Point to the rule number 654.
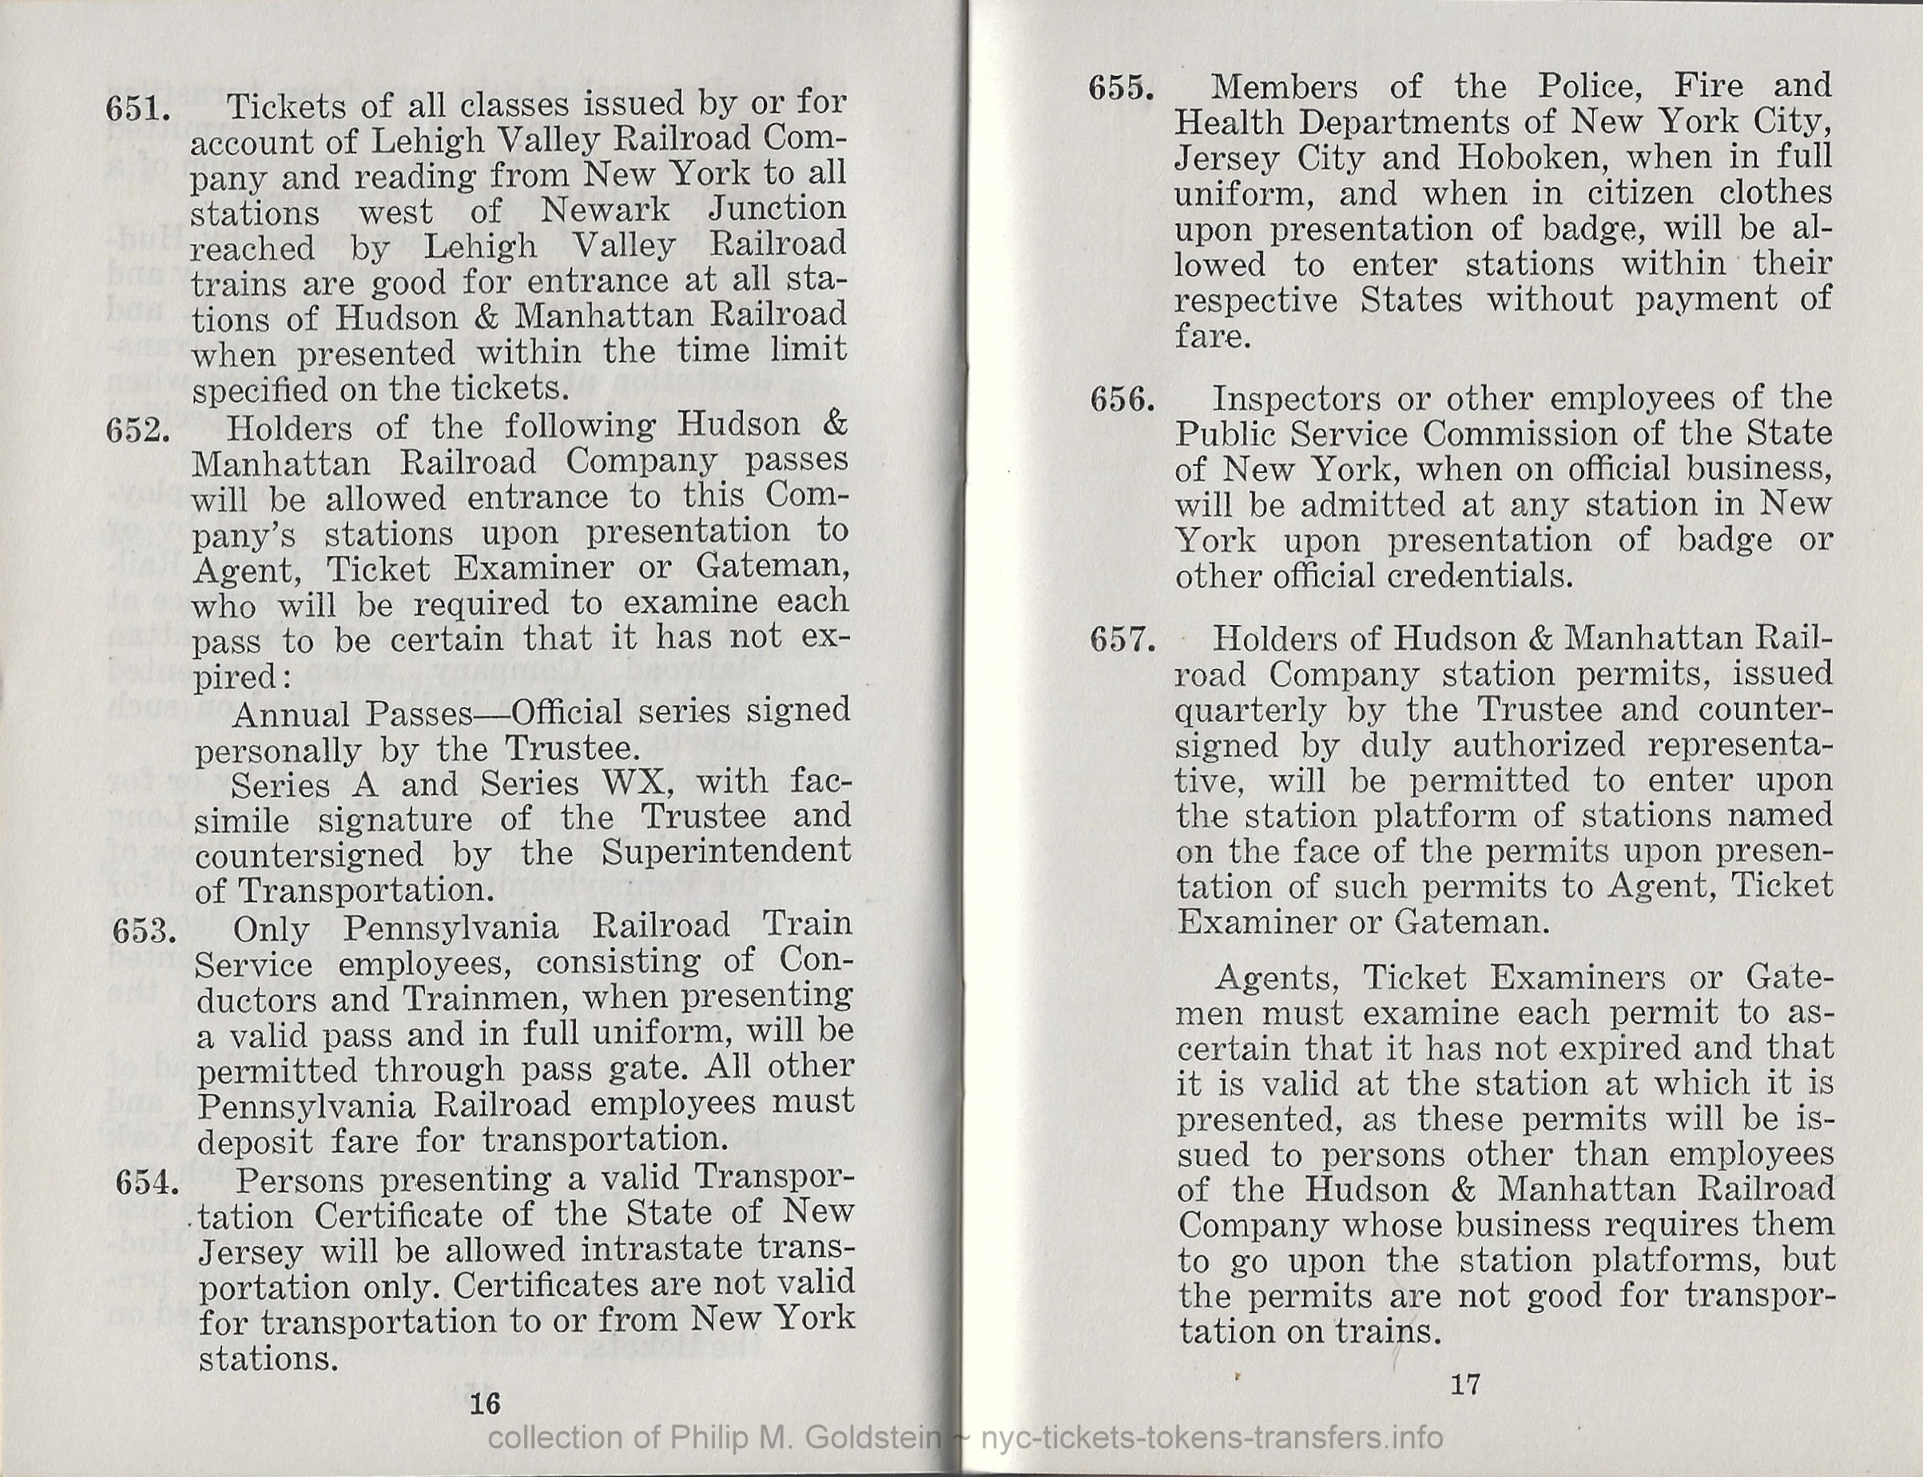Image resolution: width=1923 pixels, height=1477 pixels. tap(148, 1183)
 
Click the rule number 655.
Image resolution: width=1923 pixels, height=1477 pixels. tap(1121, 89)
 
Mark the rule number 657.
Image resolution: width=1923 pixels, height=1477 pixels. tap(1122, 640)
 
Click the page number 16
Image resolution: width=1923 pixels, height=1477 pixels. tap(484, 1404)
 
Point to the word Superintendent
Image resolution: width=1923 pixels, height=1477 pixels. tap(726, 852)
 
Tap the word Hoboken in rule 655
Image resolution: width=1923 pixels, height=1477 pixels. tap(1531, 157)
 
